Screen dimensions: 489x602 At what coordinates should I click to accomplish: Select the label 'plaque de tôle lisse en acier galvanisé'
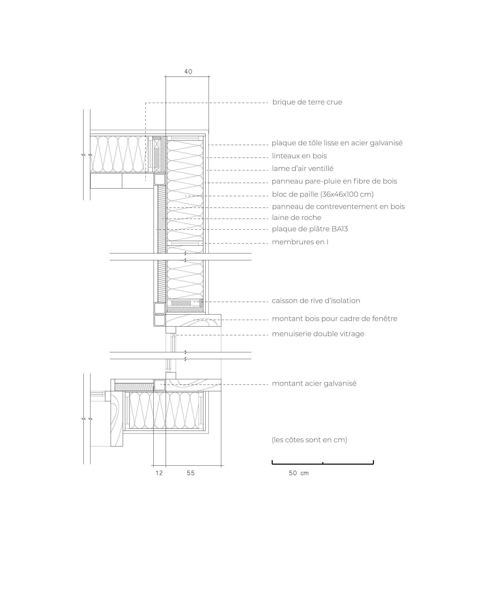337,143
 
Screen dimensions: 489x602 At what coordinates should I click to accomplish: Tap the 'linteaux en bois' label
299,156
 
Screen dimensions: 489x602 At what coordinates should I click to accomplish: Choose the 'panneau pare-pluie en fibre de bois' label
334,181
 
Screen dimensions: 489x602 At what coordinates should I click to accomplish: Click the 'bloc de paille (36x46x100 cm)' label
323,194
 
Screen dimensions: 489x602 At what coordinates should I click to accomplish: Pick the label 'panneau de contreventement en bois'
338,207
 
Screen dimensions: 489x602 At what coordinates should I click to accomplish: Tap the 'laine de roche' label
297,218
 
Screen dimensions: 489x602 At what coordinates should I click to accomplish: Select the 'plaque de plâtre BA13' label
310,229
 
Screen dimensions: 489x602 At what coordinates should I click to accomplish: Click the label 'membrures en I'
300,242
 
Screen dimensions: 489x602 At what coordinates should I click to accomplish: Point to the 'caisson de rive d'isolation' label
316,301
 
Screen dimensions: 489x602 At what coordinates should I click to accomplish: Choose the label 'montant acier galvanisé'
314,384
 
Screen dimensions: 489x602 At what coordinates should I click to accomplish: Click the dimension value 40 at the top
188,72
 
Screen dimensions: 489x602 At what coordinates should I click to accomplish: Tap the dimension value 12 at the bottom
159,473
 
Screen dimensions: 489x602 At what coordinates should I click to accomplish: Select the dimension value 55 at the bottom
191,473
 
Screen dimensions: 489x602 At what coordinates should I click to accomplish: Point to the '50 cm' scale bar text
299,473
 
